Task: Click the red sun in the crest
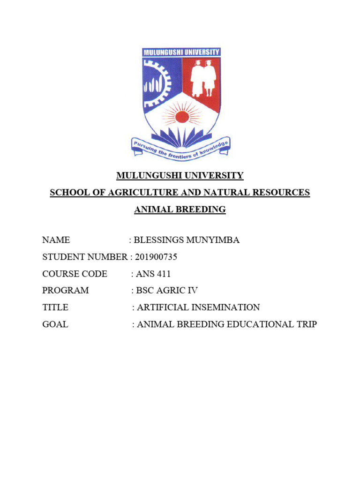[182, 117]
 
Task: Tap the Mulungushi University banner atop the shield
[181, 52]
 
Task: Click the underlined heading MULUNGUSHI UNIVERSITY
[180, 176]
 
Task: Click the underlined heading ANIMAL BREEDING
[180, 210]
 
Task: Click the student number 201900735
[156, 257]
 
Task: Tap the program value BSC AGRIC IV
[167, 291]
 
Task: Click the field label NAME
[56, 240]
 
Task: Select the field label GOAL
[55, 324]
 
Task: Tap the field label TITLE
[55, 307]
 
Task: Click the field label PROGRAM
[65, 291]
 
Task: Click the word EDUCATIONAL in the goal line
[261, 324]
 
